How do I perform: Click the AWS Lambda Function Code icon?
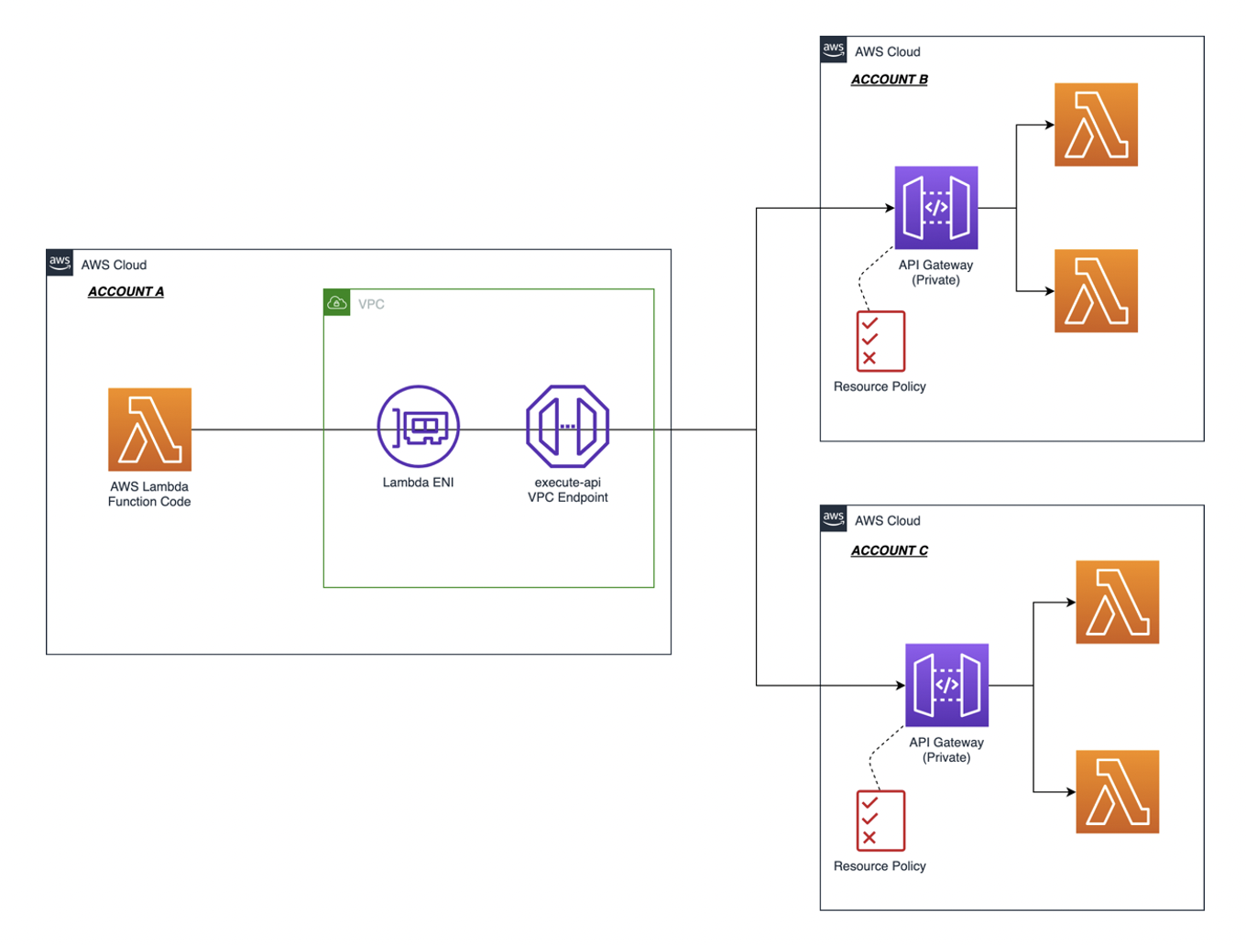(x=149, y=429)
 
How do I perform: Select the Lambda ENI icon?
(x=418, y=427)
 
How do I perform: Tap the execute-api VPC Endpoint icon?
(x=567, y=427)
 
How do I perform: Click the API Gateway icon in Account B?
(x=935, y=208)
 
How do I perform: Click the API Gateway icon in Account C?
(x=946, y=685)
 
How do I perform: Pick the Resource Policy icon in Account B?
(x=880, y=341)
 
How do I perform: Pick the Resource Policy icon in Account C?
(x=880, y=820)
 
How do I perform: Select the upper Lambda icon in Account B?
(x=1096, y=125)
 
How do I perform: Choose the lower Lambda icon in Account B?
(x=1096, y=291)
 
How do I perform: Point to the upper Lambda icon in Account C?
(x=1117, y=603)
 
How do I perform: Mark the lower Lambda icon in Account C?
(x=1117, y=792)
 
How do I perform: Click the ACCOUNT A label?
(x=126, y=291)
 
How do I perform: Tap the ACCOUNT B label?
(x=889, y=80)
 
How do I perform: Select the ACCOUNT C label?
(x=889, y=550)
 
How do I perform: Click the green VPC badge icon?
(x=337, y=303)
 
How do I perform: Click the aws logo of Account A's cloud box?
(x=60, y=263)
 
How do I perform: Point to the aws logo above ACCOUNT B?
(x=833, y=49)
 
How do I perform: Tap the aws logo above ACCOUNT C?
(x=833, y=518)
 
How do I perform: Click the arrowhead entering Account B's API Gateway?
(x=889, y=208)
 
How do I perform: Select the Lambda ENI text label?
(x=418, y=483)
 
